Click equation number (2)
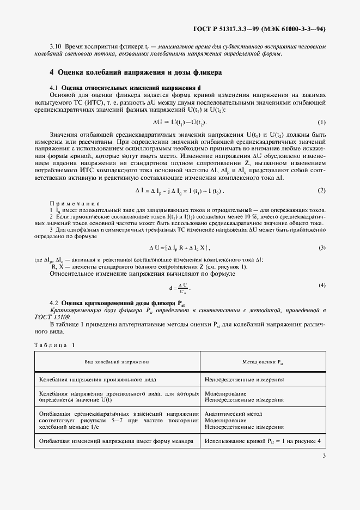[x=321, y=191]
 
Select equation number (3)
[x=321, y=248]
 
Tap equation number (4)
[x=322, y=286]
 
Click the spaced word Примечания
[x=75, y=203]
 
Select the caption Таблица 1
[x=54, y=345]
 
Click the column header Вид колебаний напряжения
[x=117, y=362]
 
